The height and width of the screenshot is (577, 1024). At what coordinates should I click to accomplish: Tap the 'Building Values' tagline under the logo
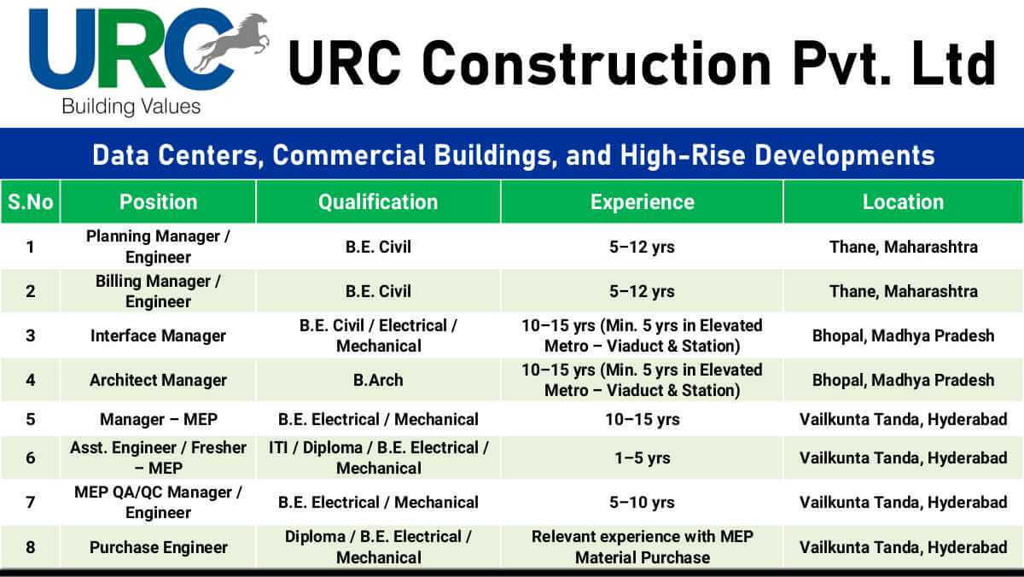pyautogui.click(x=131, y=107)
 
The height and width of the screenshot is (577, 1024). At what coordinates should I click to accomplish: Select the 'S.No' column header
pyautogui.click(x=31, y=202)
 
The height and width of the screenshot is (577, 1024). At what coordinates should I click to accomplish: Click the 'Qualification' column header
pyautogui.click(x=378, y=202)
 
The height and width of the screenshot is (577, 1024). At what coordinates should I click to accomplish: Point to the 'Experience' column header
pyautogui.click(x=642, y=202)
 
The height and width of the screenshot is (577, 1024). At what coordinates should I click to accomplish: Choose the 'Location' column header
pyautogui.click(x=903, y=202)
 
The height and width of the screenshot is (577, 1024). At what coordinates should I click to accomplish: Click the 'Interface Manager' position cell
pyautogui.click(x=158, y=335)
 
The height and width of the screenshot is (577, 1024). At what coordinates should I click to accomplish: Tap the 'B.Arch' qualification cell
pyautogui.click(x=378, y=380)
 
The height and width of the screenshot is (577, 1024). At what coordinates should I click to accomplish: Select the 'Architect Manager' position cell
pyautogui.click(x=158, y=380)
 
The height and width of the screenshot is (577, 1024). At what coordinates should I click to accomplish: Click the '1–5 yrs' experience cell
pyautogui.click(x=642, y=458)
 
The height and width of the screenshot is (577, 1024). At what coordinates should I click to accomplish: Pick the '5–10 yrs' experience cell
pyautogui.click(x=642, y=502)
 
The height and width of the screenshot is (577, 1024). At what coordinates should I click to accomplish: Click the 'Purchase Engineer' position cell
pyautogui.click(x=158, y=547)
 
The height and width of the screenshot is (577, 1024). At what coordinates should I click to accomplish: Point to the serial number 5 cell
pyautogui.click(x=31, y=419)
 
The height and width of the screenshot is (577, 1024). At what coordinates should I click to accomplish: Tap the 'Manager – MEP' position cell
pyautogui.click(x=158, y=419)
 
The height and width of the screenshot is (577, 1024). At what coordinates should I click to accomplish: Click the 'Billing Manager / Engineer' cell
pyautogui.click(x=158, y=291)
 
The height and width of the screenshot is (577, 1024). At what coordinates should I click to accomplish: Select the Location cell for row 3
pyautogui.click(x=903, y=335)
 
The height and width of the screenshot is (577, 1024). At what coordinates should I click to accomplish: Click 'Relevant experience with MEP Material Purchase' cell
pyautogui.click(x=642, y=547)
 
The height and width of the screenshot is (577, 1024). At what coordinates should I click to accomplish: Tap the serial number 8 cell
pyautogui.click(x=31, y=547)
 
